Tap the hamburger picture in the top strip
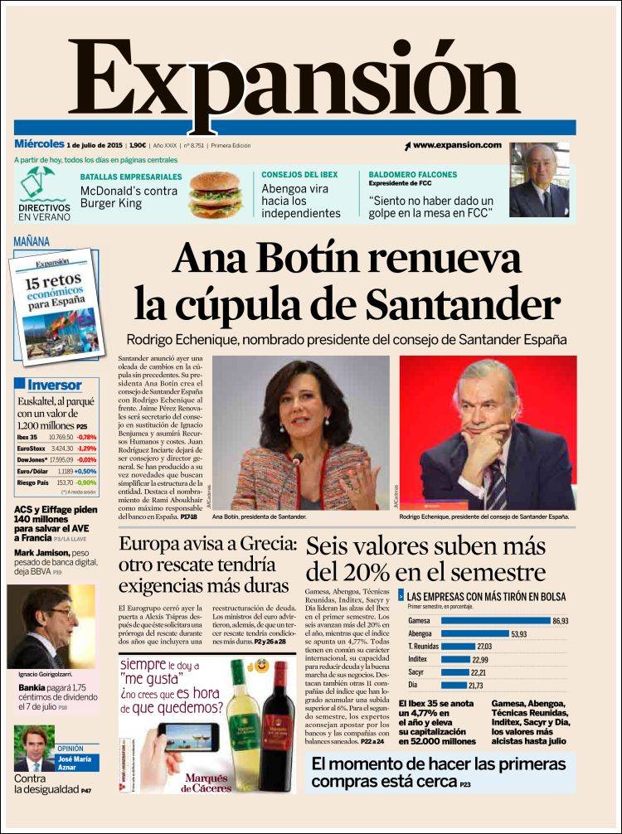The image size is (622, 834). click(215, 195)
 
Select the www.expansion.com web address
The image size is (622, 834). click(457, 145)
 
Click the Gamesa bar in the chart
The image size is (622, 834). click(495, 620)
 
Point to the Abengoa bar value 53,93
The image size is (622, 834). click(519, 634)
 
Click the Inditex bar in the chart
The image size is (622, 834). click(455, 660)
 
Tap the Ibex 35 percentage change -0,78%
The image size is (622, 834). click(86, 437)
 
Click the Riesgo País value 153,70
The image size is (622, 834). click(65, 482)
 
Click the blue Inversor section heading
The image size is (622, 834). click(54, 385)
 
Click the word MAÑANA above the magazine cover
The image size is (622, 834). click(32, 242)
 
